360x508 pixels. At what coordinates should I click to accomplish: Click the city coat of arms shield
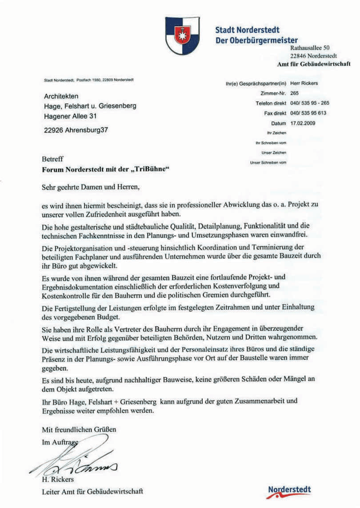[x=181, y=36]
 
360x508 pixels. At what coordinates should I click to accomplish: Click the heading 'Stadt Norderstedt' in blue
[x=247, y=30]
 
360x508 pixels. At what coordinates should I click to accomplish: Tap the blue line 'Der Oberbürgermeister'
[x=256, y=40]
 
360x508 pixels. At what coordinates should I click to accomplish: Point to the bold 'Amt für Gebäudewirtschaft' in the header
[x=314, y=64]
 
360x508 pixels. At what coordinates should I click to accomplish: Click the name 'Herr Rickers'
[x=304, y=83]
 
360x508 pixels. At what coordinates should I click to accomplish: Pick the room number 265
[x=294, y=93]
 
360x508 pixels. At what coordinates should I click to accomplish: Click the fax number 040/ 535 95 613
[x=308, y=113]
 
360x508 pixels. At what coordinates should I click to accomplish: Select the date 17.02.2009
[x=303, y=123]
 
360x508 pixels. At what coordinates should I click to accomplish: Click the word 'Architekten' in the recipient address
[x=61, y=96]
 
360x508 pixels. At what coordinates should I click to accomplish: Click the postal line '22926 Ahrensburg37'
[x=76, y=131]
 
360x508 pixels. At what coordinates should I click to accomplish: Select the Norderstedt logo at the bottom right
[x=289, y=490]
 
